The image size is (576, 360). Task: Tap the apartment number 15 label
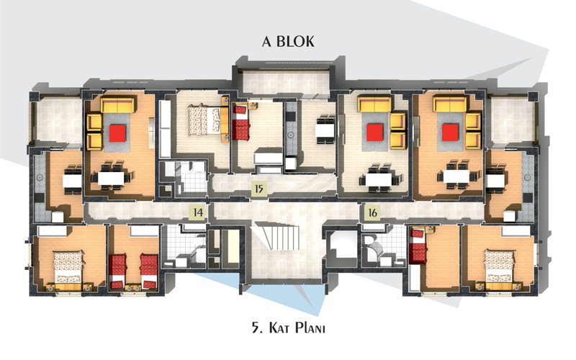coord(259,189)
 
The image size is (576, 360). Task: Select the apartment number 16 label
coord(372,212)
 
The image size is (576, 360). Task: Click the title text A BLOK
coord(289,41)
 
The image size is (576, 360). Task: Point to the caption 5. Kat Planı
coord(289,328)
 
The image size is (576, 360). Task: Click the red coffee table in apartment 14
coord(117,133)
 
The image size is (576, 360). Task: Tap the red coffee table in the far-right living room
coord(450,132)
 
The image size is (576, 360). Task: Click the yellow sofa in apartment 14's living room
coord(118,104)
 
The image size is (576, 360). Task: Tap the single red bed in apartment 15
coord(241,122)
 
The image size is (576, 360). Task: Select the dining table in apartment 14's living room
coord(112,179)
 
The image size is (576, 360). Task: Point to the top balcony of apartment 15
coord(285,84)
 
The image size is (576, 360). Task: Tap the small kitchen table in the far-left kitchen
coord(72,181)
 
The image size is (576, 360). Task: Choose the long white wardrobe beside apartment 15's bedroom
coord(165,130)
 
